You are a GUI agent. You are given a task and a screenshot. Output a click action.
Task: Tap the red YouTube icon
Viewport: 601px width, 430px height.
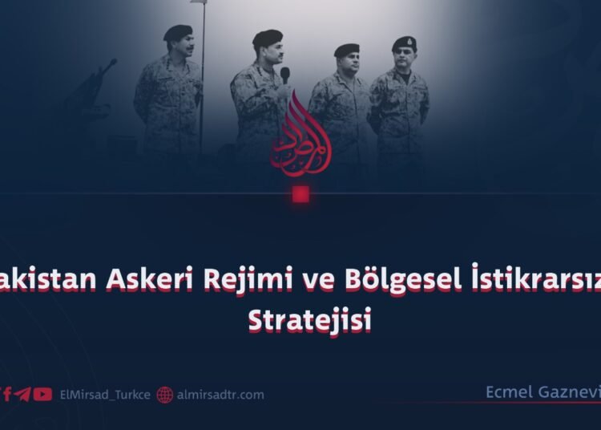point(43,394)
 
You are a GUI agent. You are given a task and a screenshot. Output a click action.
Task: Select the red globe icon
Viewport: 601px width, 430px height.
point(165,395)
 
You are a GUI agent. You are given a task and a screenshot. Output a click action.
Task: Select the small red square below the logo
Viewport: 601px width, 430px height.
point(300,194)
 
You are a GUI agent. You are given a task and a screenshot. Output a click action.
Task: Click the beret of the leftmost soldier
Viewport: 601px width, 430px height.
point(177,32)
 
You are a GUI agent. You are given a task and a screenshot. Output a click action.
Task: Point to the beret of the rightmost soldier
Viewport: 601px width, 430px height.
point(404,43)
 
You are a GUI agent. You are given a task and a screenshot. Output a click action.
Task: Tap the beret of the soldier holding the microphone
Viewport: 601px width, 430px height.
point(267,37)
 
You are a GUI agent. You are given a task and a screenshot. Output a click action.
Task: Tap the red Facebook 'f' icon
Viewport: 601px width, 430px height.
point(7,394)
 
